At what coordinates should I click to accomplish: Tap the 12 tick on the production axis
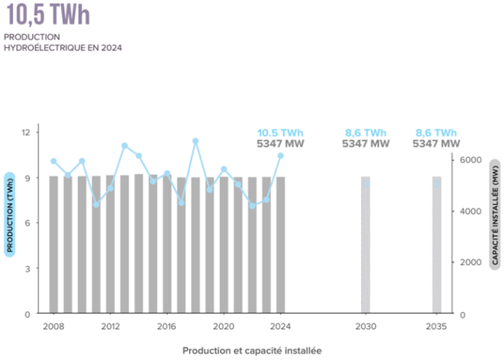click(26, 132)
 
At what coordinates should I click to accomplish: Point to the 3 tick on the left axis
click(28, 268)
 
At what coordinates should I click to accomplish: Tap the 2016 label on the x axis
click(167, 326)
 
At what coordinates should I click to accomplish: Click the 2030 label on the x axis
click(366, 326)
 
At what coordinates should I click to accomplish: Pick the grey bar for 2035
click(436, 249)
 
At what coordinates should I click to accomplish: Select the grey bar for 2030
click(366, 249)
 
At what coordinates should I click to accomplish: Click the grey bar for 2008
click(54, 249)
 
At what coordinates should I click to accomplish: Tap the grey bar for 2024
click(280, 249)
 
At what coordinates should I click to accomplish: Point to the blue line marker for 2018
click(196, 141)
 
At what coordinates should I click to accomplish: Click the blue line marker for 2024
click(280, 155)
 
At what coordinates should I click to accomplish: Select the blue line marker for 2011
click(96, 205)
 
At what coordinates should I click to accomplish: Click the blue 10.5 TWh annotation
click(280, 132)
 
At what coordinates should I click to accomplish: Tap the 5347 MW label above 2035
click(436, 144)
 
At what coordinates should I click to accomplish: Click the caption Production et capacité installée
click(252, 350)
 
